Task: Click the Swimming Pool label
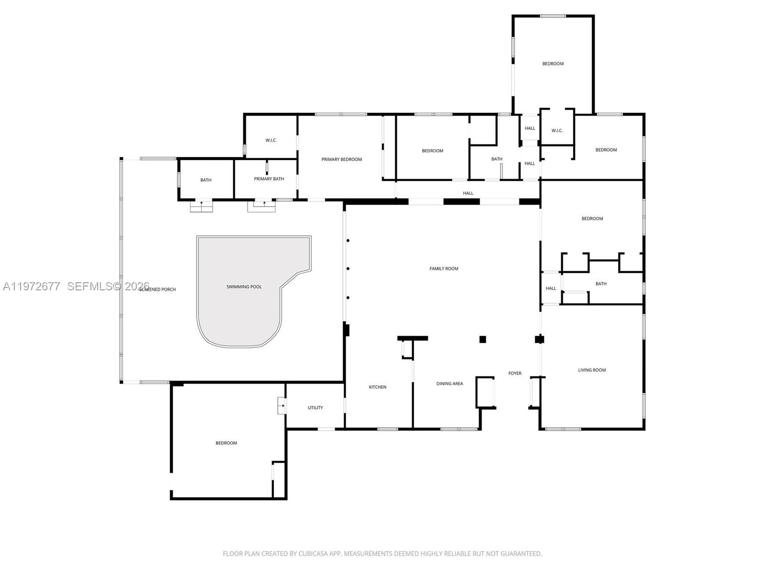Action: (244, 287)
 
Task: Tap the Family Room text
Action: (444, 269)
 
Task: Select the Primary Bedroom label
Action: (341, 159)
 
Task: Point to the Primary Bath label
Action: (269, 179)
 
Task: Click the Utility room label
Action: (315, 408)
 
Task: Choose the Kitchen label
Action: (377, 387)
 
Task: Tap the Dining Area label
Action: (449, 384)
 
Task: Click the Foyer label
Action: (514, 373)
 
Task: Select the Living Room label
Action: (591, 370)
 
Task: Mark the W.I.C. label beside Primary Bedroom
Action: (271, 140)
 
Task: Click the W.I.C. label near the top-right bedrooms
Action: (557, 131)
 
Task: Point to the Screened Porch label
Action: (158, 290)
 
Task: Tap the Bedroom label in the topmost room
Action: (553, 64)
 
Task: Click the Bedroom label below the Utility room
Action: (226, 443)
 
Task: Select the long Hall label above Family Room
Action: (468, 193)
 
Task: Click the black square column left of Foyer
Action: (482, 340)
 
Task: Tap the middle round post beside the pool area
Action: (348, 269)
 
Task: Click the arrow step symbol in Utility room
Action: (282, 406)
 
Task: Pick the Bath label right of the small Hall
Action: (601, 284)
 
